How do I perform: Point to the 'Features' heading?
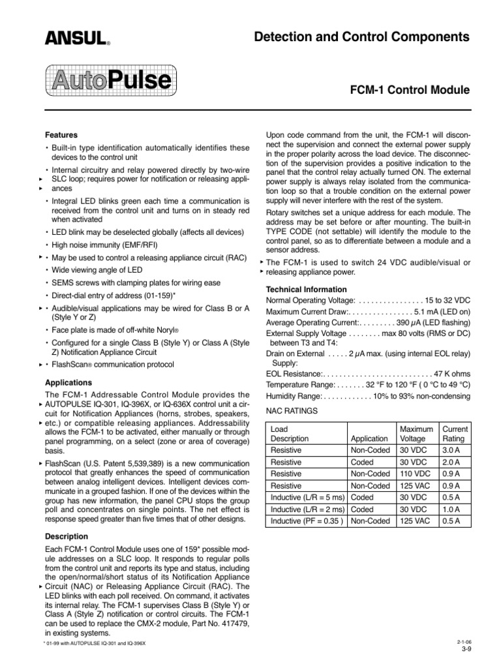pos(61,135)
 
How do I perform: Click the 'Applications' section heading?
pos(68,382)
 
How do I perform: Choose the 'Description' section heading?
pos(67,536)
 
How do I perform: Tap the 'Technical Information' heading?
pos(307,289)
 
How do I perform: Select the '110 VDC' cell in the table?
pos(414,474)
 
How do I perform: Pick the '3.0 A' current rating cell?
pos(451,450)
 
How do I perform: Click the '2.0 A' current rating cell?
pos(451,462)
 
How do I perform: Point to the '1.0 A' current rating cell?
pos(451,509)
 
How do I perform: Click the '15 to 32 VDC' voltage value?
pos(447,300)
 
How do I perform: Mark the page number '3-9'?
pos(466,649)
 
